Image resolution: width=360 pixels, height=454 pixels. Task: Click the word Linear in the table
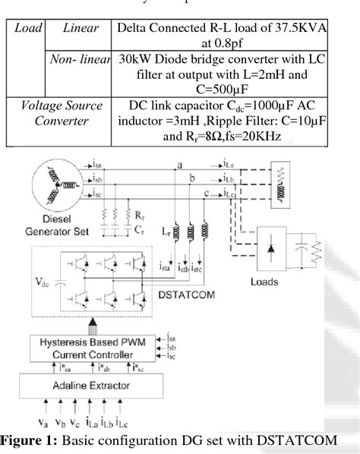click(81, 28)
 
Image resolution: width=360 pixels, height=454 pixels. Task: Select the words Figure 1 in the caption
click(38, 440)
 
